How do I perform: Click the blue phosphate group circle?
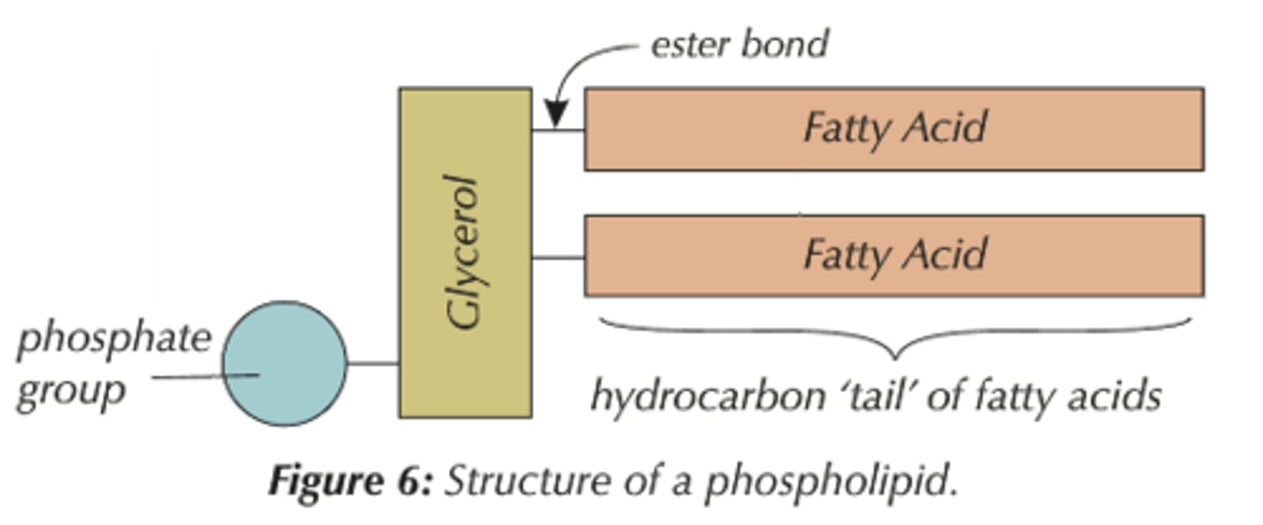tap(284, 364)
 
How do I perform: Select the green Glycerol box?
tap(465, 252)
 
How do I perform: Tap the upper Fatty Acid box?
tap(894, 129)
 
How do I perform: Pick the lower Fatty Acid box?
tap(894, 255)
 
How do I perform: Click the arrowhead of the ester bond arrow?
tap(555, 115)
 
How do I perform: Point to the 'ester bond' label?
tap(739, 44)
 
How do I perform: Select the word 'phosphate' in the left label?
tap(114, 338)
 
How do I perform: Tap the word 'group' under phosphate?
tap(70, 389)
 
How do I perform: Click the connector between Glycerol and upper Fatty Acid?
tap(558, 131)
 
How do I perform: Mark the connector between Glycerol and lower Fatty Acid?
tap(558, 258)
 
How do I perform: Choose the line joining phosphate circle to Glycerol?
tap(373, 363)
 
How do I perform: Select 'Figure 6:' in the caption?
tap(350, 481)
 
